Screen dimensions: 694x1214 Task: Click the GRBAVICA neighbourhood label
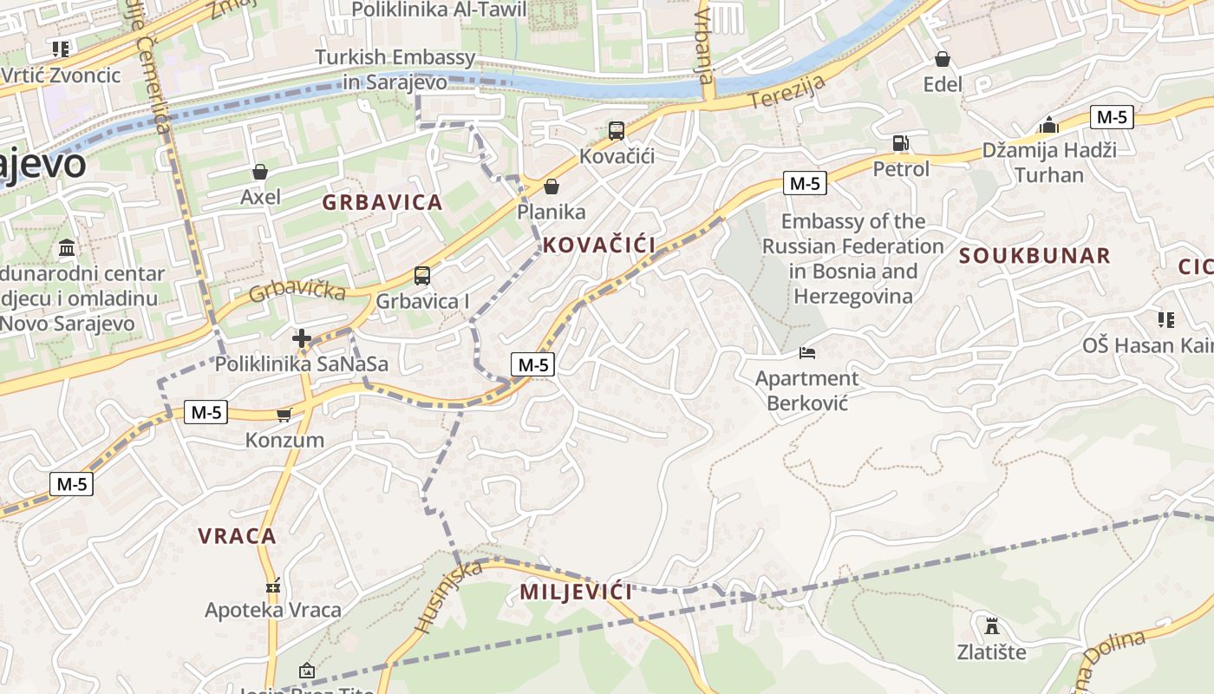tap(382, 203)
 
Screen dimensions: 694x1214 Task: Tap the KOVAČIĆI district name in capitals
tap(599, 245)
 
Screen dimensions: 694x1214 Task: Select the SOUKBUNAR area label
tap(1035, 256)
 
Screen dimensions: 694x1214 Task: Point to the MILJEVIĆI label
tap(576, 593)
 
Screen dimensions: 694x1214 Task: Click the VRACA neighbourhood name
tap(237, 536)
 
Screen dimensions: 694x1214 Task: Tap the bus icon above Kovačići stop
tap(617, 131)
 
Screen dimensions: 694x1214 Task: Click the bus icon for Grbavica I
tap(422, 276)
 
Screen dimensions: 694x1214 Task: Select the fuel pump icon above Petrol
tap(901, 143)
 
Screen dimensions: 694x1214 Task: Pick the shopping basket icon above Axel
tap(259, 172)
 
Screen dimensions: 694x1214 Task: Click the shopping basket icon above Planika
tap(551, 187)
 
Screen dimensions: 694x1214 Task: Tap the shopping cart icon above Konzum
tap(284, 416)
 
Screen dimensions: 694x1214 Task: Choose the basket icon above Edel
tap(943, 59)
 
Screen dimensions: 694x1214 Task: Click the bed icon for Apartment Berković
tap(807, 353)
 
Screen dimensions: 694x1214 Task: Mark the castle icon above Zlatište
tap(991, 625)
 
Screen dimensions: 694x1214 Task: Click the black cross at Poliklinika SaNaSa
tap(302, 338)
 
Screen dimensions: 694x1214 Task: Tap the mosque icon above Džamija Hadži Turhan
tap(1049, 125)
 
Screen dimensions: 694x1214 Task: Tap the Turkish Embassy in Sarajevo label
tap(395, 69)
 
